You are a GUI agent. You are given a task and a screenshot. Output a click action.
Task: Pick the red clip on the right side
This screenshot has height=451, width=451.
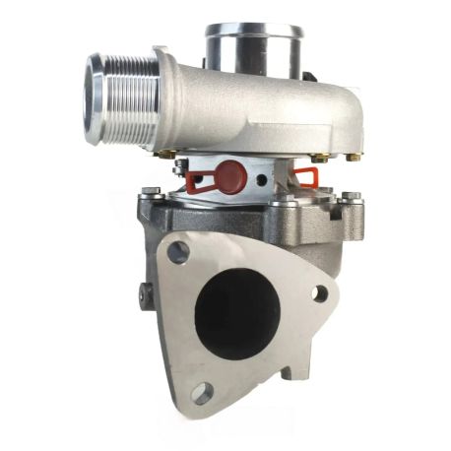(306, 176)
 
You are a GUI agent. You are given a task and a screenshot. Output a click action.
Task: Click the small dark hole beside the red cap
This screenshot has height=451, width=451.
(260, 181)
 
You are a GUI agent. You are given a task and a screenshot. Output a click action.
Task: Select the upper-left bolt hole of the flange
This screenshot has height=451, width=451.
(178, 252)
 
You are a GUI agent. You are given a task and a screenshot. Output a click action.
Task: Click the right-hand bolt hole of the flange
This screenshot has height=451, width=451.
(319, 293)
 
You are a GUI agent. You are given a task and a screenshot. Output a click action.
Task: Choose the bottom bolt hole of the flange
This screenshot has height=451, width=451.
(202, 393)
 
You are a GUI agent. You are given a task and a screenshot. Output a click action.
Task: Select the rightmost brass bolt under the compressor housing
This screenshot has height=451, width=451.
(326, 157)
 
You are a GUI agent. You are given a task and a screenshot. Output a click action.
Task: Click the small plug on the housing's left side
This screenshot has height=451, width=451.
(145, 291)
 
